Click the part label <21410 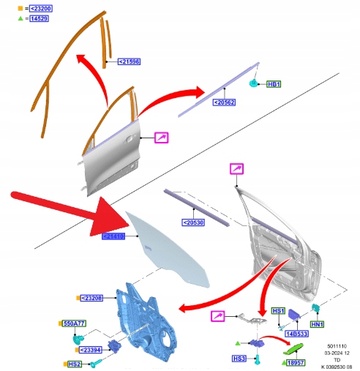tap(113, 236)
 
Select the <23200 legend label tap(41, 9)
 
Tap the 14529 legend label tap(39, 18)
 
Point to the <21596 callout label tap(129, 61)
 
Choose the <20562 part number tap(225, 102)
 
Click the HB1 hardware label tap(274, 84)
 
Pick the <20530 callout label tap(193, 222)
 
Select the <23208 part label tap(91, 298)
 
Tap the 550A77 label tap(74, 323)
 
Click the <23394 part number tap(90, 350)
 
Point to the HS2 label tap(74, 364)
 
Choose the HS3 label tap(239, 359)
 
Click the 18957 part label tap(296, 363)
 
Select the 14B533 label tap(296, 334)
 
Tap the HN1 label tap(317, 324)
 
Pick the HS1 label tap(278, 311)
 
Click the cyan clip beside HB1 tap(254, 83)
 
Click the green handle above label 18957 tap(293, 349)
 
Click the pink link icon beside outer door tap(162, 138)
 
